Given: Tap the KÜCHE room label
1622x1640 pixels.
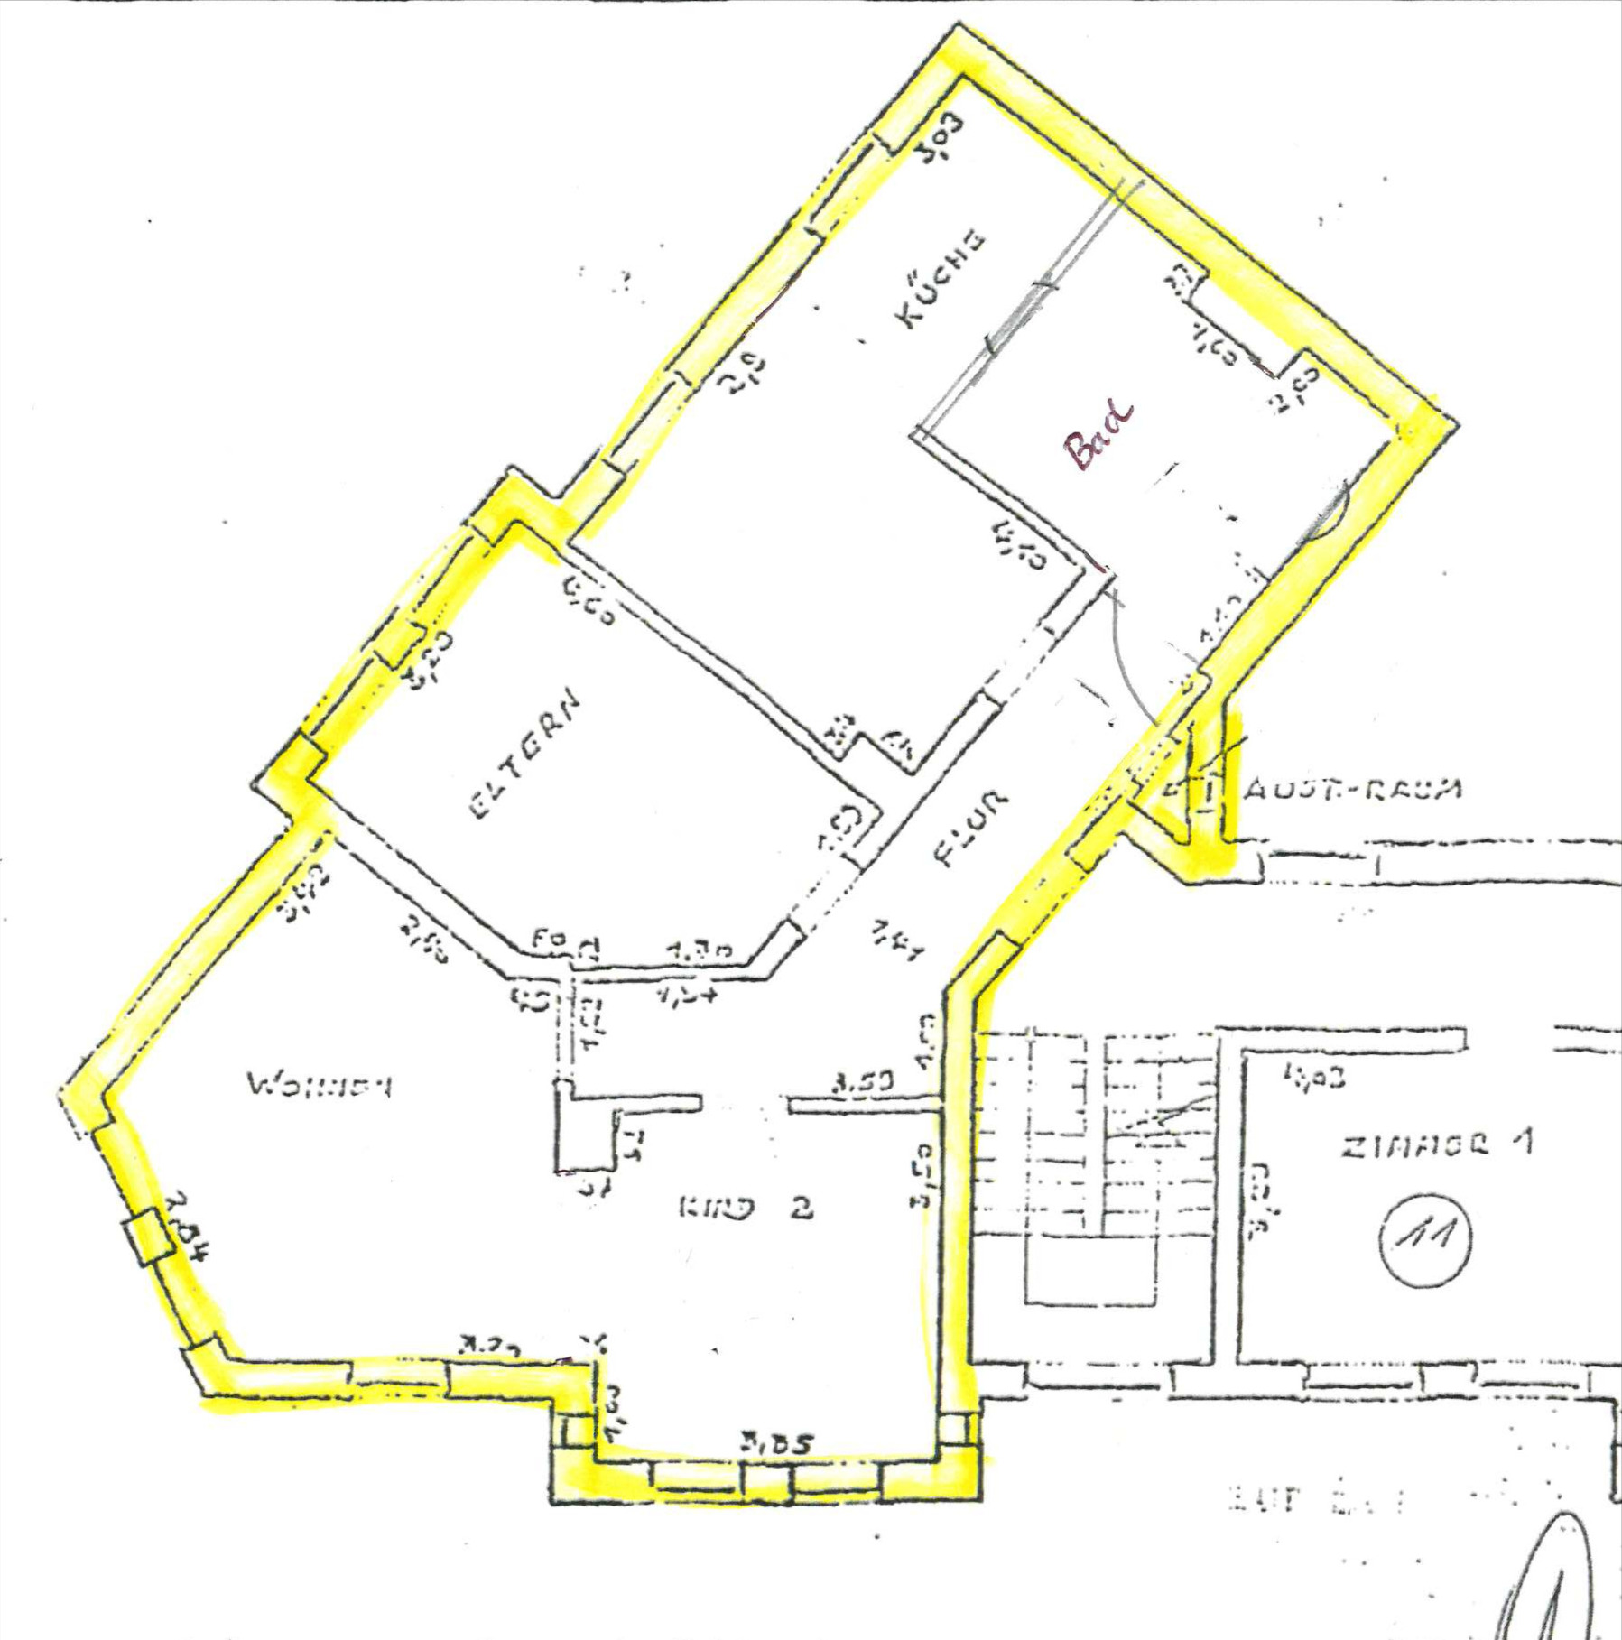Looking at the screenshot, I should pos(940,280).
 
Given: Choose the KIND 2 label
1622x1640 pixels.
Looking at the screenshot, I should pos(745,1208).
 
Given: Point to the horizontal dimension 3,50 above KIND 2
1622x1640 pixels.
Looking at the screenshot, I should pos(864,1081).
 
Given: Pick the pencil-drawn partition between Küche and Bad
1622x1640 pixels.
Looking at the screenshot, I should pos(1029,307).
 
